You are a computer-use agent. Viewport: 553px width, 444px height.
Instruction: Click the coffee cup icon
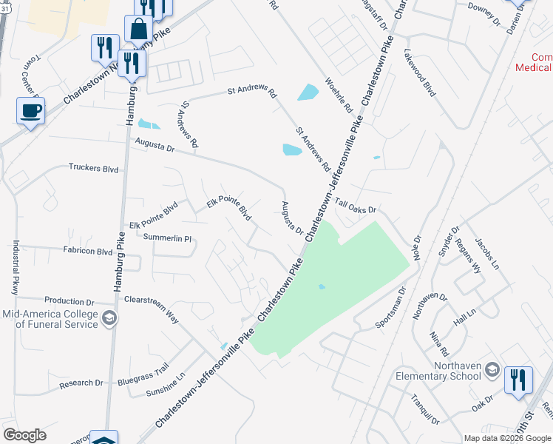click(30, 111)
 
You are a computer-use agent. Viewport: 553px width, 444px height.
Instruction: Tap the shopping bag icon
click(138, 30)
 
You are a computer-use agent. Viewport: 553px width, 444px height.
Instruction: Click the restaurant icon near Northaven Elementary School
click(518, 380)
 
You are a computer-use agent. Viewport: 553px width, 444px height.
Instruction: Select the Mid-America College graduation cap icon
click(109, 319)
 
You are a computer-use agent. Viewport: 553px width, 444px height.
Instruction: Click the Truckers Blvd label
click(94, 168)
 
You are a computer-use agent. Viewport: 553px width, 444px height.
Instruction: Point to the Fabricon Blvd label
click(87, 252)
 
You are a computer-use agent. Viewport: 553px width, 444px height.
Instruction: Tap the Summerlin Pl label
click(167, 239)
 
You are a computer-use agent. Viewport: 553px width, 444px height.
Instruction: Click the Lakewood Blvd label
click(420, 74)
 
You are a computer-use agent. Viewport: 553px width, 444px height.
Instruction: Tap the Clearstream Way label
click(152, 308)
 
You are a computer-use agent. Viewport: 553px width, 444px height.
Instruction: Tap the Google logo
click(24, 435)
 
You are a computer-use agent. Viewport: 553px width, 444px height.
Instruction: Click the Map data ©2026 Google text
click(506, 438)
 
